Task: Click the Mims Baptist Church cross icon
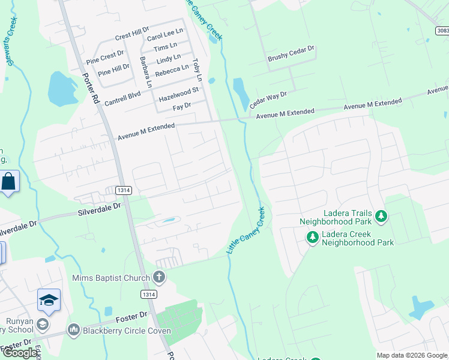pos(159,277)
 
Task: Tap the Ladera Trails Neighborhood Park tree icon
pos(380,215)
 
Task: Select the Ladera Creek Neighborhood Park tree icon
pos(312,238)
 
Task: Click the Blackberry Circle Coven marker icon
pos(74,329)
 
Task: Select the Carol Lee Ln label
pos(165,37)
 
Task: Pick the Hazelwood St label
pos(178,95)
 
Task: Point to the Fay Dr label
pos(181,106)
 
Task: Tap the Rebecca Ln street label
pos(172,70)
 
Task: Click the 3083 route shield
pos(442,30)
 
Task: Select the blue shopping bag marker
pos(10,182)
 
